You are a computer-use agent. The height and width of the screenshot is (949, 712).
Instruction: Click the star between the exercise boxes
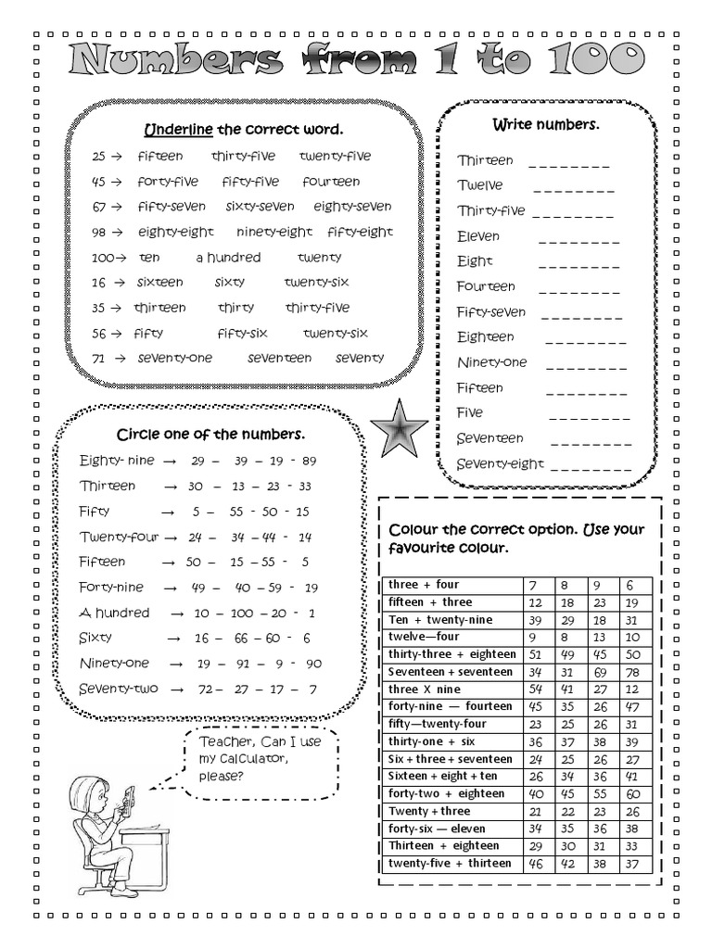tap(399, 427)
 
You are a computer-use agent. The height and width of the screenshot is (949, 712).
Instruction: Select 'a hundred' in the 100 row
tap(228, 258)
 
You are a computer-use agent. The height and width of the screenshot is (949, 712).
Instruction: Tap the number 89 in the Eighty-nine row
tap(309, 461)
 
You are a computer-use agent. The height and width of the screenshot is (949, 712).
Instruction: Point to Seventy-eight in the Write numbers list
tap(500, 463)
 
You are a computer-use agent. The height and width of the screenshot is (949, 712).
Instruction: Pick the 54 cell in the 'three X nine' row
tap(534, 690)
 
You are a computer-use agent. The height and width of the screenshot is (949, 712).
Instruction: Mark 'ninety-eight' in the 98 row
tap(274, 232)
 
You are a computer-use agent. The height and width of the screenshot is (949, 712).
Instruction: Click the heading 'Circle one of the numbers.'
tap(210, 435)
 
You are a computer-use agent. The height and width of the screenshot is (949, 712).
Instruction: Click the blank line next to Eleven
tap(578, 237)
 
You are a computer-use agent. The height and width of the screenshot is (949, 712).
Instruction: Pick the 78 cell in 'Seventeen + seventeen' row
tap(631, 672)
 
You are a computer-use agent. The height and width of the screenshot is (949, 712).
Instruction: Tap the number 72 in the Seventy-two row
tap(205, 690)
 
